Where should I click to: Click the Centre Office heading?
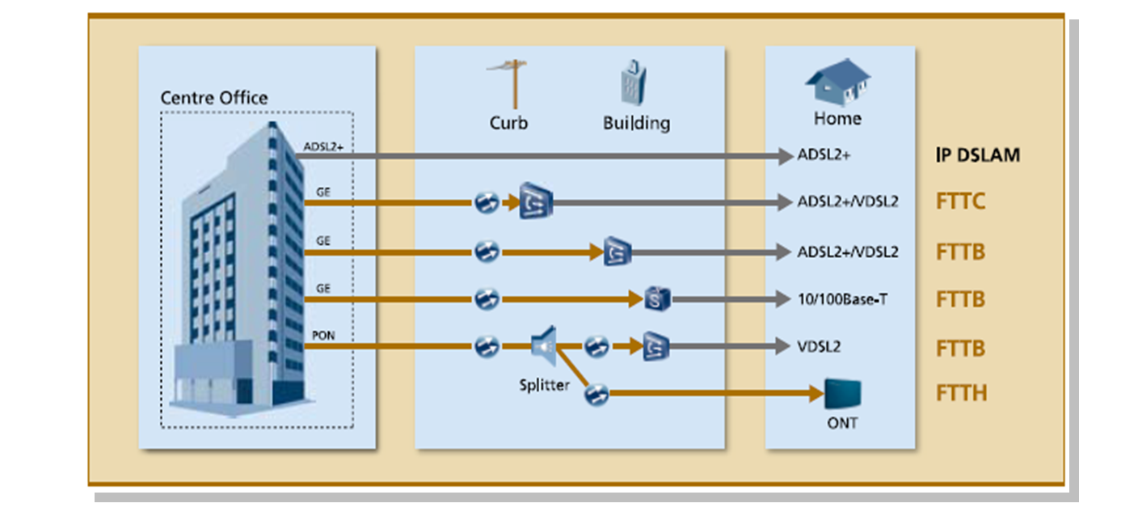click(213, 98)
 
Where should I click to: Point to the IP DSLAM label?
click(978, 155)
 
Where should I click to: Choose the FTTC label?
click(961, 201)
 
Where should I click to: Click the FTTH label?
click(962, 394)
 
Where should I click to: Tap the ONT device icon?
click(842, 394)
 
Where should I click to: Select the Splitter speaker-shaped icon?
click(545, 346)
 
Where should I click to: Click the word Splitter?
click(544, 385)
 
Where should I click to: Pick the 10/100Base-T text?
click(843, 299)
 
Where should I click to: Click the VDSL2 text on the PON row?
click(819, 347)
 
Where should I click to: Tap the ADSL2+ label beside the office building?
click(323, 147)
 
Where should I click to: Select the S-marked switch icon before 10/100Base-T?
click(657, 299)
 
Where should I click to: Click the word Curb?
click(508, 123)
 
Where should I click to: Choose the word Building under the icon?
click(636, 123)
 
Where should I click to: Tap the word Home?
click(837, 119)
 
